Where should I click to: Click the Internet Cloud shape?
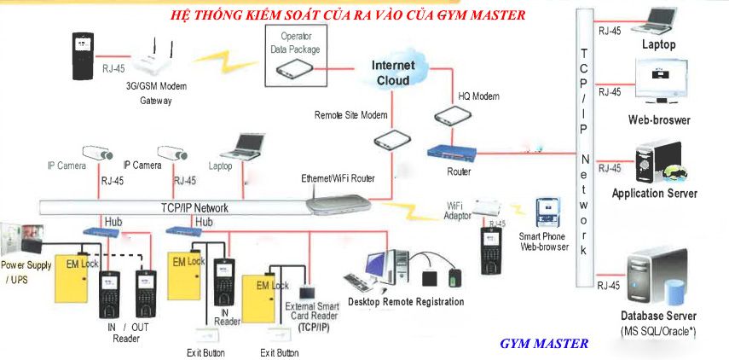pyautogui.click(x=392, y=72)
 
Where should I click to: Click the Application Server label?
pyautogui.click(x=654, y=194)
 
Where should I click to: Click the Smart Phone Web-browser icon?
pyautogui.click(x=547, y=213)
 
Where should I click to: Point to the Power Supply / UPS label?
pyautogui.click(x=26, y=271)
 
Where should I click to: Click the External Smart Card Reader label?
pyautogui.click(x=312, y=316)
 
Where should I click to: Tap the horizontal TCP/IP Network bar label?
pyautogui.click(x=194, y=207)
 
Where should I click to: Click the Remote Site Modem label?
pyautogui.click(x=350, y=114)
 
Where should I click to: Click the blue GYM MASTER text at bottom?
pyautogui.click(x=544, y=343)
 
